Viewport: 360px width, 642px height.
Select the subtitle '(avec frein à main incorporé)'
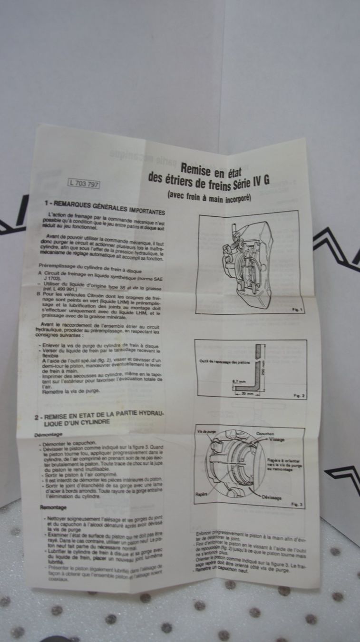point(215,195)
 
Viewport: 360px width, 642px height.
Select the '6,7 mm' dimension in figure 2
point(239,381)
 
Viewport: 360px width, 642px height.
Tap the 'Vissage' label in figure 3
point(277,440)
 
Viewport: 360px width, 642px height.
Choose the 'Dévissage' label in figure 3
point(271,497)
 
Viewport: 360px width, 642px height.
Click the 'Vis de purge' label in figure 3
point(207,431)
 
